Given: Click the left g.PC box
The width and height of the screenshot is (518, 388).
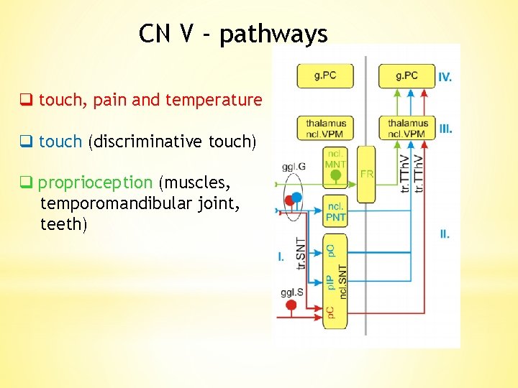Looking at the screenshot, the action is (325, 75).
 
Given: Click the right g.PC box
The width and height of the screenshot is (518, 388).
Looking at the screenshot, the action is (406, 75).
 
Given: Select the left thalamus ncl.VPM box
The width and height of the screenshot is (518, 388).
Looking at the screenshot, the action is (325, 128).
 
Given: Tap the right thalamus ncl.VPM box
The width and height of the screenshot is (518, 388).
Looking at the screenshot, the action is (407, 128).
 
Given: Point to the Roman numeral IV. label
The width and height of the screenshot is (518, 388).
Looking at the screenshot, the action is (445, 77).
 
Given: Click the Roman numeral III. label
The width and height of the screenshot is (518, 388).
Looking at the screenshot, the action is (446, 129).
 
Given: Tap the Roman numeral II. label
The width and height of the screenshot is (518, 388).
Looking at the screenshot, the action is (445, 234).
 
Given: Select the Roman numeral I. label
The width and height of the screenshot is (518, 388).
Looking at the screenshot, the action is (281, 256).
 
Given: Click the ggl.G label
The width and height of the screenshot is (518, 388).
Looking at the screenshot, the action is (294, 167).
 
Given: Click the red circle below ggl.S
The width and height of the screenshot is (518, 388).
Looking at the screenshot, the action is (291, 305).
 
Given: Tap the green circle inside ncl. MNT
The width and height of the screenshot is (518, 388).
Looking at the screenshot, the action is (335, 175).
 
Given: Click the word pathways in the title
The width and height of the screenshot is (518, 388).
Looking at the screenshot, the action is (273, 34).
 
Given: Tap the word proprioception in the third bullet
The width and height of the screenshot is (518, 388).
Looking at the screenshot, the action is (95, 183).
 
